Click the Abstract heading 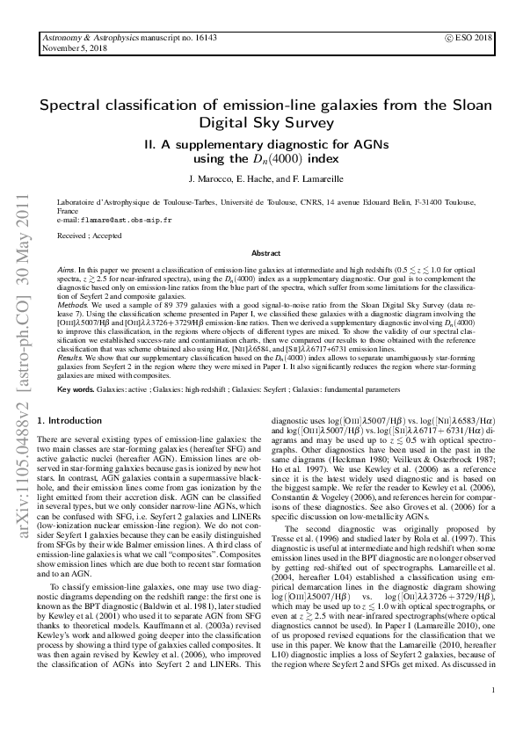265,252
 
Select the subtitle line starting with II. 265,143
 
